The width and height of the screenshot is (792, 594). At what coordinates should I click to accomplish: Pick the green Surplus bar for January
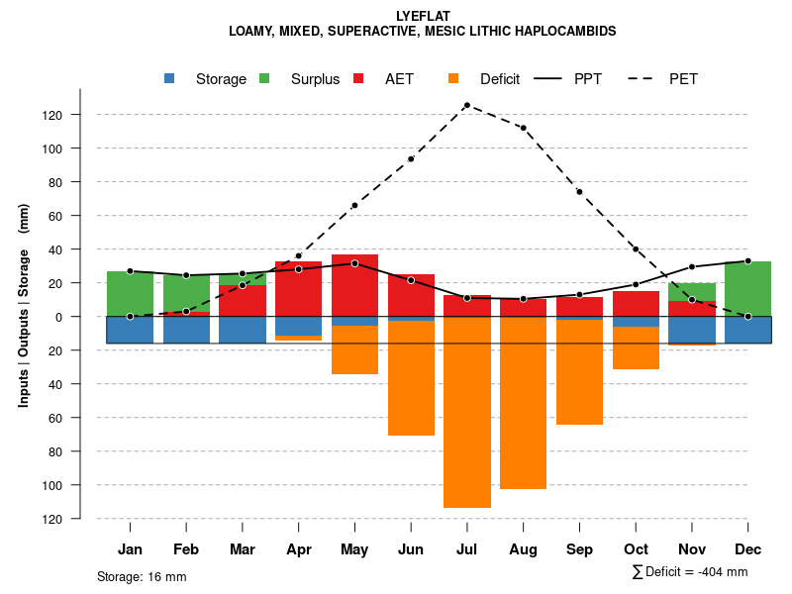tap(130, 294)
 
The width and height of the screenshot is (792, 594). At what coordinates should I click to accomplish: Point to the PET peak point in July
tap(466, 105)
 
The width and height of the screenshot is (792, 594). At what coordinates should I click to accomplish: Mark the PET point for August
tap(523, 128)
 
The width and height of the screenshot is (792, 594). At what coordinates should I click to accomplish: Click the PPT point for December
tap(747, 261)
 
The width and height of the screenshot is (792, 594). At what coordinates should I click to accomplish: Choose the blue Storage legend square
tap(170, 79)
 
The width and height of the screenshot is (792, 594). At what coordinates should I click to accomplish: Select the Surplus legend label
tap(315, 79)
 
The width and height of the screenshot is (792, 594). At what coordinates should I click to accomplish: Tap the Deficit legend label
tap(500, 79)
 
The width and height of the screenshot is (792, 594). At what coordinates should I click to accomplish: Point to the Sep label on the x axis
tap(579, 549)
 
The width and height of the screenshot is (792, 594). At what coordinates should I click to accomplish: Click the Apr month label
tap(298, 549)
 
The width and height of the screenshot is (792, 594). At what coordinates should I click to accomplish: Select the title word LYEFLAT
tap(422, 17)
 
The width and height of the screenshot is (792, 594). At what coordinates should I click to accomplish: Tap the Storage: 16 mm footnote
tap(142, 576)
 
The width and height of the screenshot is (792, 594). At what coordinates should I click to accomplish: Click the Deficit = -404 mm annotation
tap(691, 572)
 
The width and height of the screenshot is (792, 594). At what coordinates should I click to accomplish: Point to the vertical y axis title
tap(24, 317)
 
